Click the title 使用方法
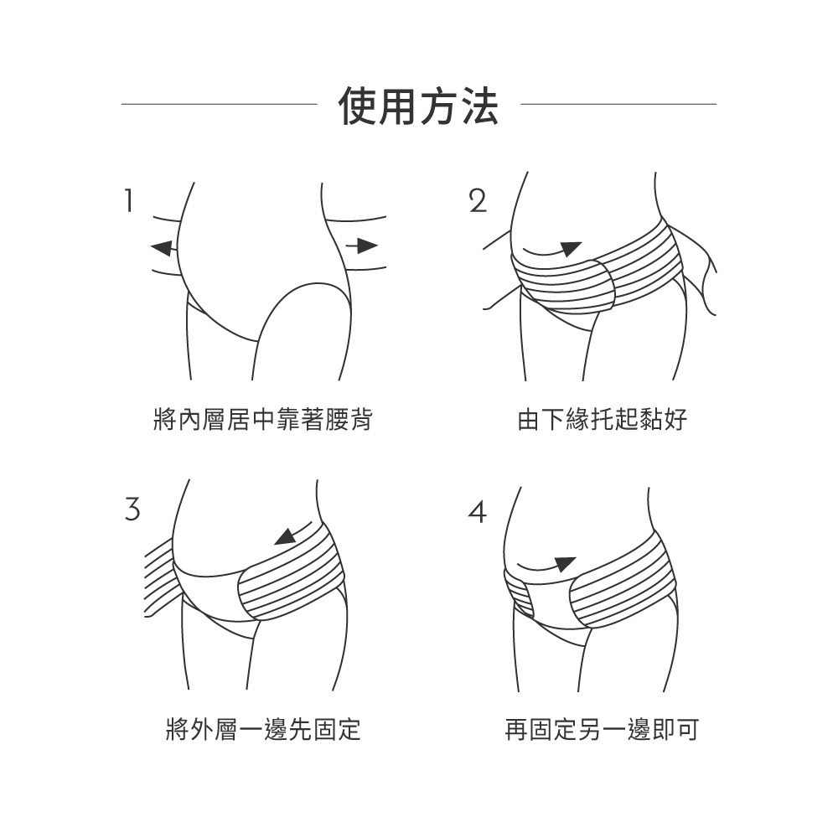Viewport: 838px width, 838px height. click(x=418, y=106)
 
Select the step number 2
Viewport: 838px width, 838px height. click(x=477, y=201)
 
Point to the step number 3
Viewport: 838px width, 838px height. click(x=131, y=509)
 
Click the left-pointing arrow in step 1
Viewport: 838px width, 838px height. click(x=163, y=247)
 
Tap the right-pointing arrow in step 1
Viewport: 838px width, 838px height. click(x=362, y=245)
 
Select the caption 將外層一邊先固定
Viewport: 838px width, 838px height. click(x=262, y=729)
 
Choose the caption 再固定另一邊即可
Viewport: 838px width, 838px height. click(x=601, y=729)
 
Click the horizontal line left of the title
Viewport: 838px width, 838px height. click(x=219, y=104)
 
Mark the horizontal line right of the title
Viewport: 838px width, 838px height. click(x=618, y=104)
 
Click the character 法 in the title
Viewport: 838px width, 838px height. click(x=478, y=106)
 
